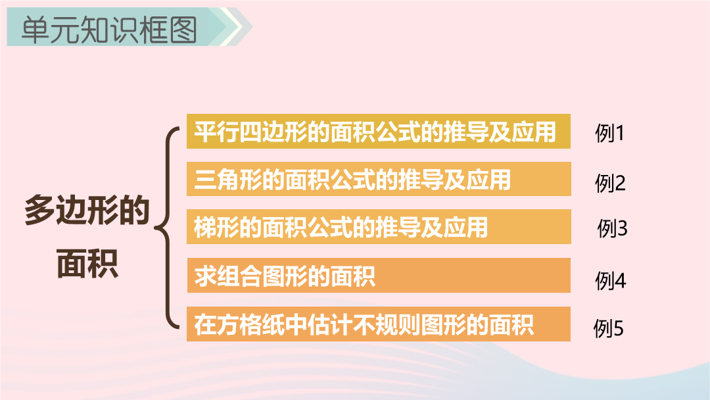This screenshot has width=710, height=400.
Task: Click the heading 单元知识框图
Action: [x=109, y=30]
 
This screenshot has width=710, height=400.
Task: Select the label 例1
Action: [x=609, y=133]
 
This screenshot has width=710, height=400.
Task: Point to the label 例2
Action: [x=610, y=183]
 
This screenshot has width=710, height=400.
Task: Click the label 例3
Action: [x=612, y=228]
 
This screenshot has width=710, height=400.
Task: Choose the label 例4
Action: [x=610, y=281]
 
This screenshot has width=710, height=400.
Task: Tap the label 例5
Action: [x=609, y=328]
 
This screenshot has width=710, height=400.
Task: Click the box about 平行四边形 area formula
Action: [x=379, y=132]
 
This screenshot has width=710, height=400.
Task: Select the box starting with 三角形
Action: [x=379, y=179]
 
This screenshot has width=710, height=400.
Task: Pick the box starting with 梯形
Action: [x=379, y=226]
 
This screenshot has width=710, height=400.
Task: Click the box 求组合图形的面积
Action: [x=379, y=276]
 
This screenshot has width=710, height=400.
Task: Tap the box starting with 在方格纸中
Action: [x=379, y=324]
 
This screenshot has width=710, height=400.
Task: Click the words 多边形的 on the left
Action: [x=87, y=211]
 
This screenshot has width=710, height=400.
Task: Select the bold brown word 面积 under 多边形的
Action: [x=87, y=263]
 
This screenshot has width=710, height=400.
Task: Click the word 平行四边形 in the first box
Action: [x=251, y=132]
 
